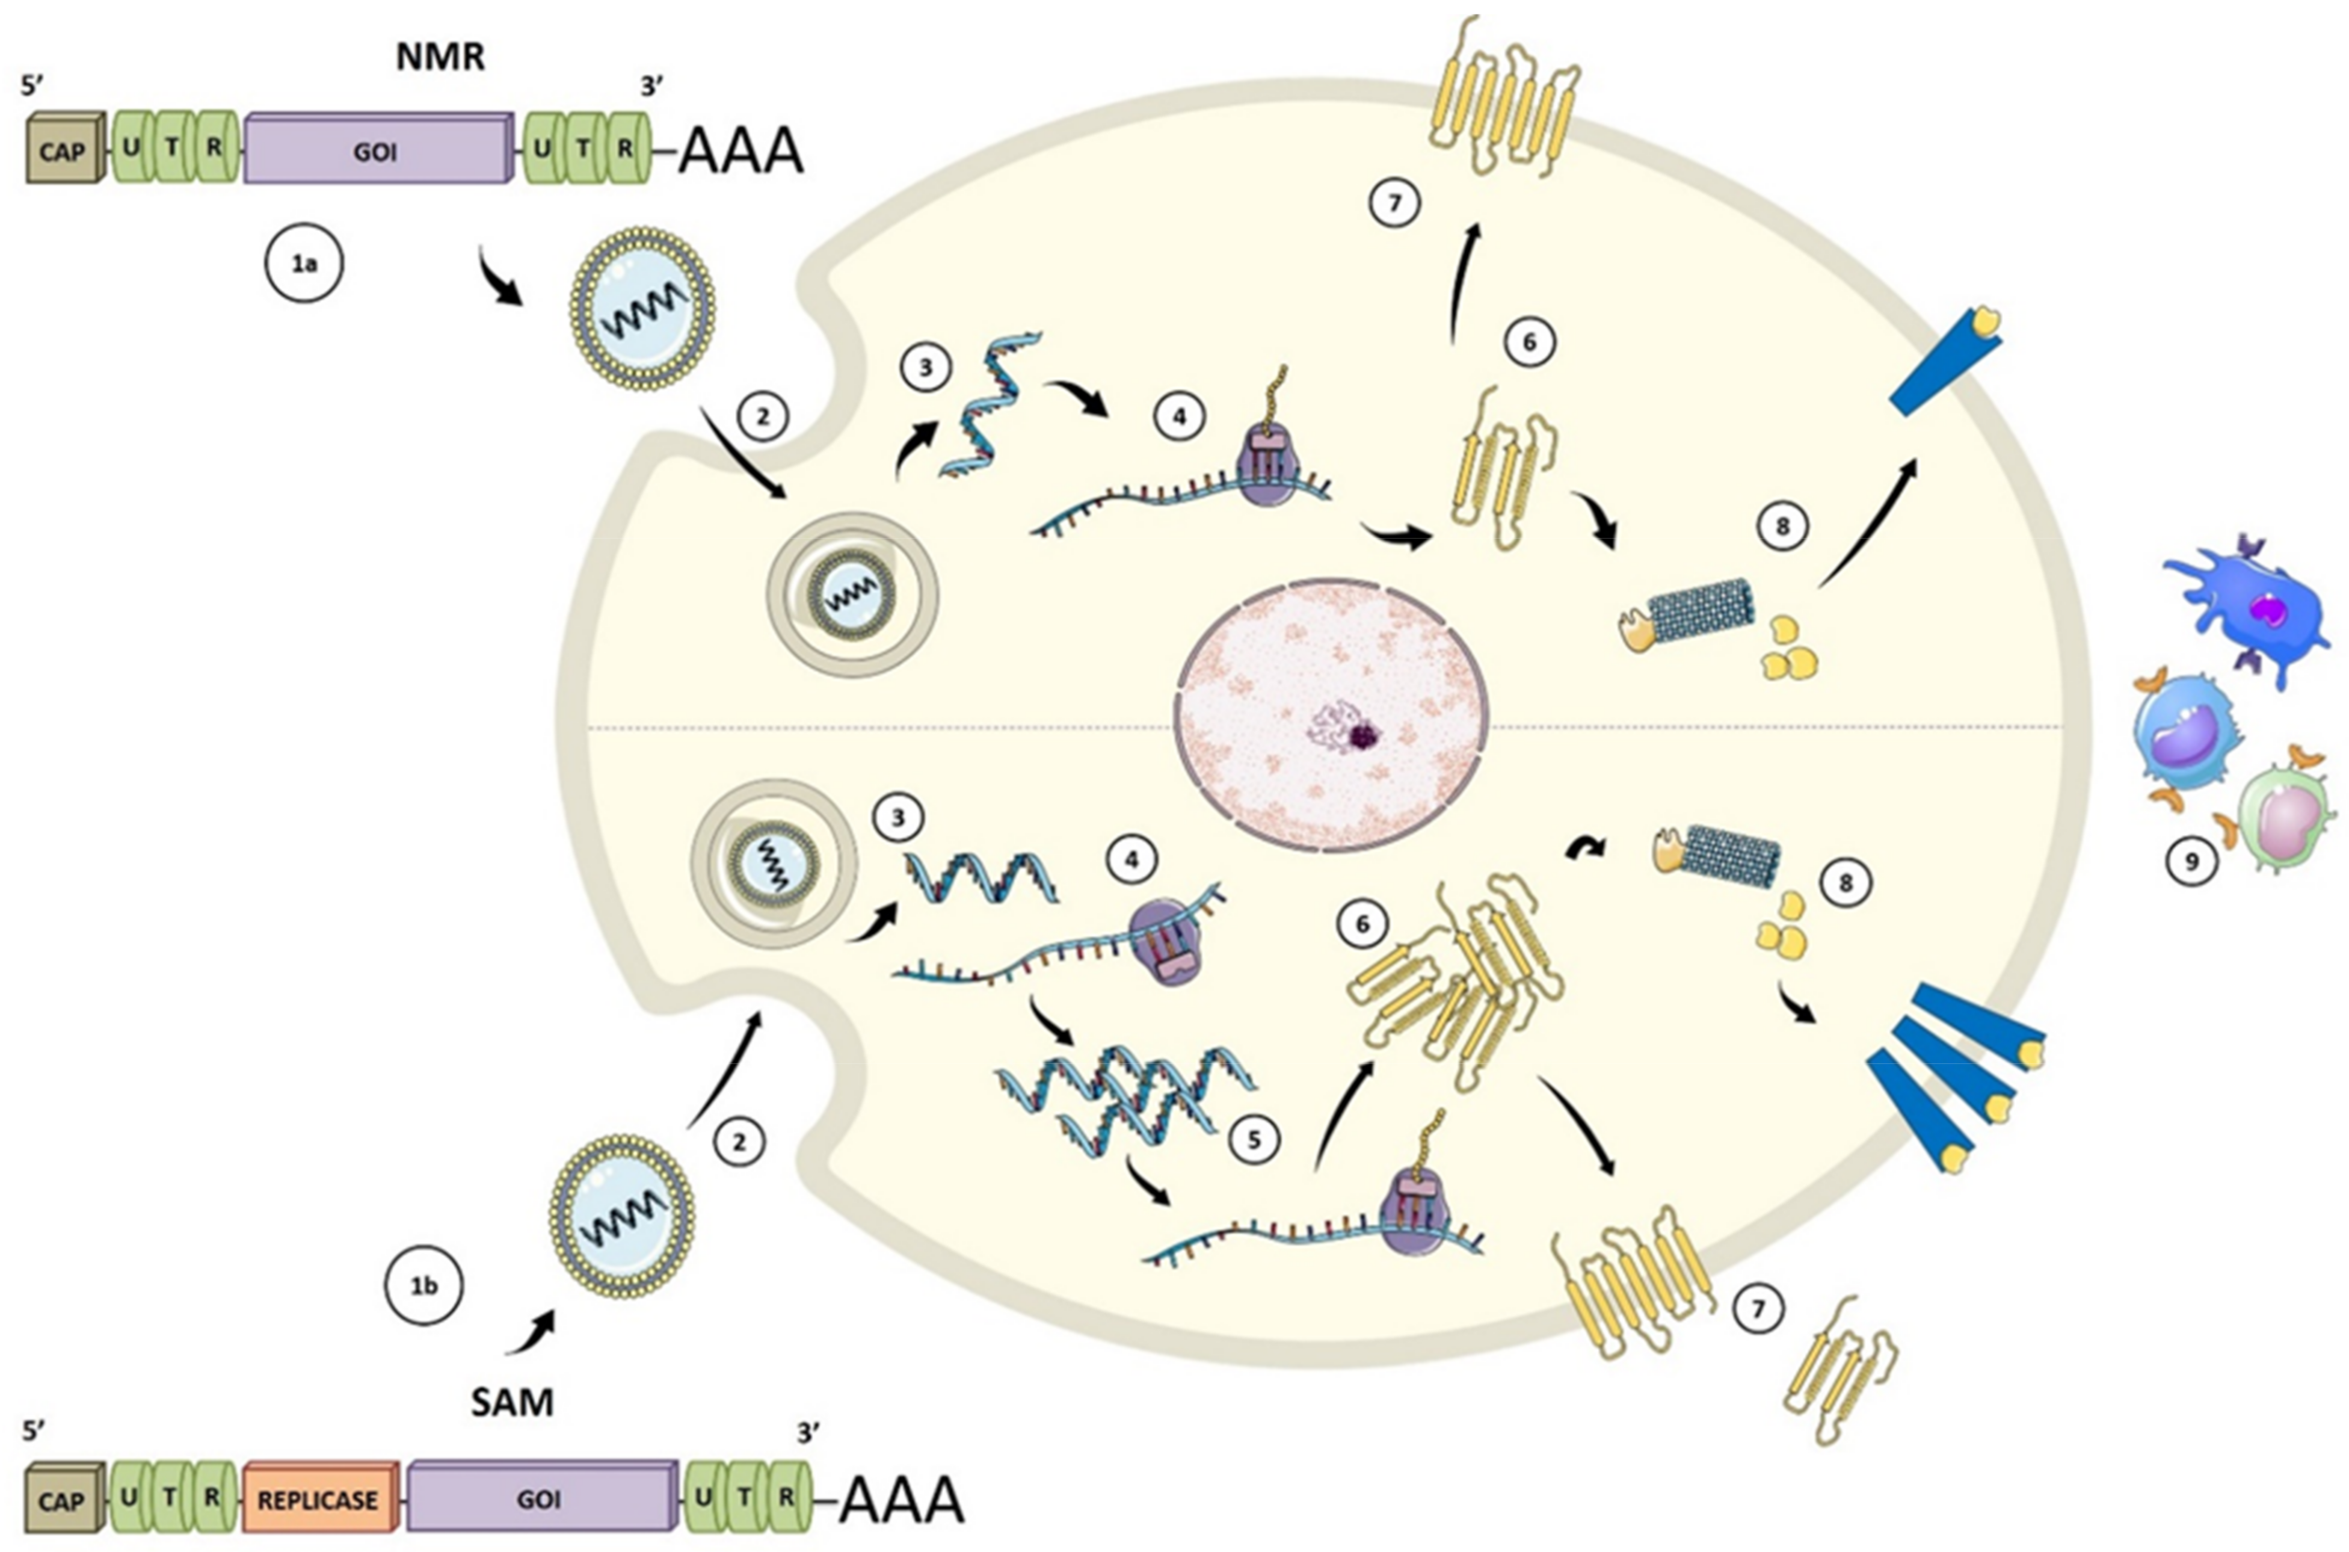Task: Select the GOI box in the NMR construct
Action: tap(376, 150)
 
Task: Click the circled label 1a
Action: tap(304, 264)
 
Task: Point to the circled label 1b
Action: tap(423, 1286)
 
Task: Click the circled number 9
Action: tap(2191, 861)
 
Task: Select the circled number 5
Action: tap(1254, 1140)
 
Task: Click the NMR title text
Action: tap(440, 57)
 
